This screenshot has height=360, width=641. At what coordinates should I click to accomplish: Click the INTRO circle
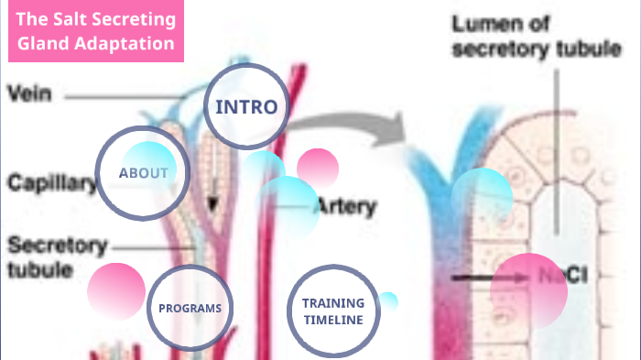[x=245, y=107]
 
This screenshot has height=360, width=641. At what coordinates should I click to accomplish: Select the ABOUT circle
[x=143, y=173]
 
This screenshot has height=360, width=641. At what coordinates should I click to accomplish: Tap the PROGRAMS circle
[x=190, y=309]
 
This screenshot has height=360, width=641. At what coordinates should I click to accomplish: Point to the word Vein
[x=29, y=93]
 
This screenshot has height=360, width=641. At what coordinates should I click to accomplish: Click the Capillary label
[x=51, y=182]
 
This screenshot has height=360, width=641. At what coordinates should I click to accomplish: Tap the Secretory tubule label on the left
[x=57, y=257]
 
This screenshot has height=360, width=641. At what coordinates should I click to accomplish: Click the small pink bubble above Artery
[x=318, y=168]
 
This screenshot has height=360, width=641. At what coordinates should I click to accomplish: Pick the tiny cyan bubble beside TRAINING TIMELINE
[x=388, y=301]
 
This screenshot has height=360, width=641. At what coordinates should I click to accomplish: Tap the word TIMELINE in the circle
[x=332, y=320]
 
